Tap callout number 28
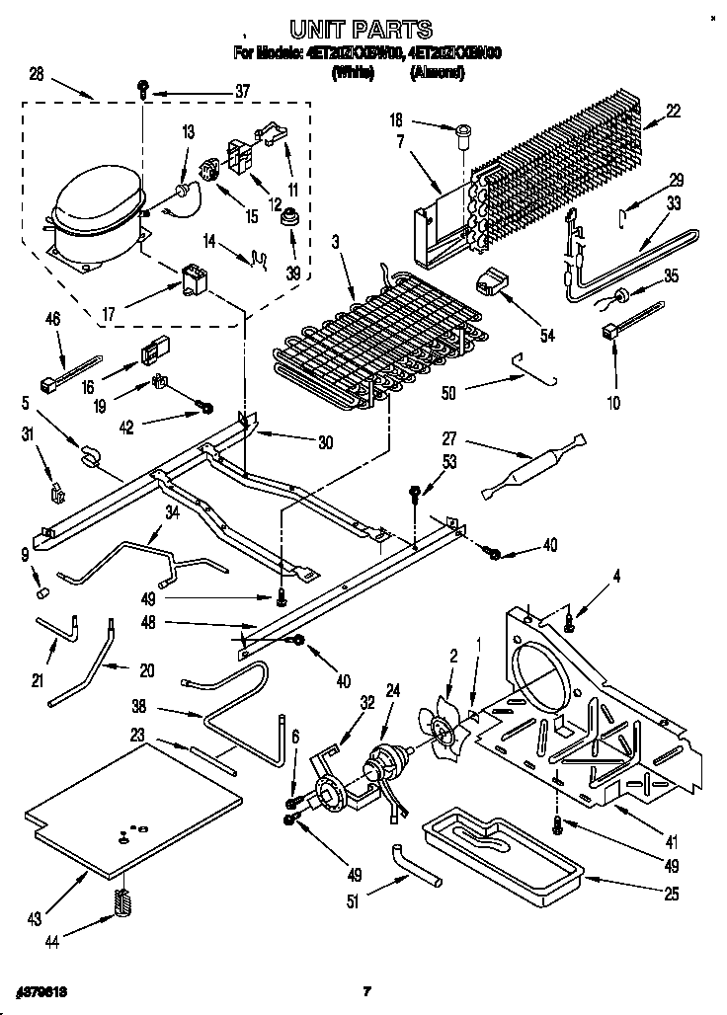37,74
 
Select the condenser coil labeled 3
331,341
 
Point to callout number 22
673,112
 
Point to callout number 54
546,336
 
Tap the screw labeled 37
144,89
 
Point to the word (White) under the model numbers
353,72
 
